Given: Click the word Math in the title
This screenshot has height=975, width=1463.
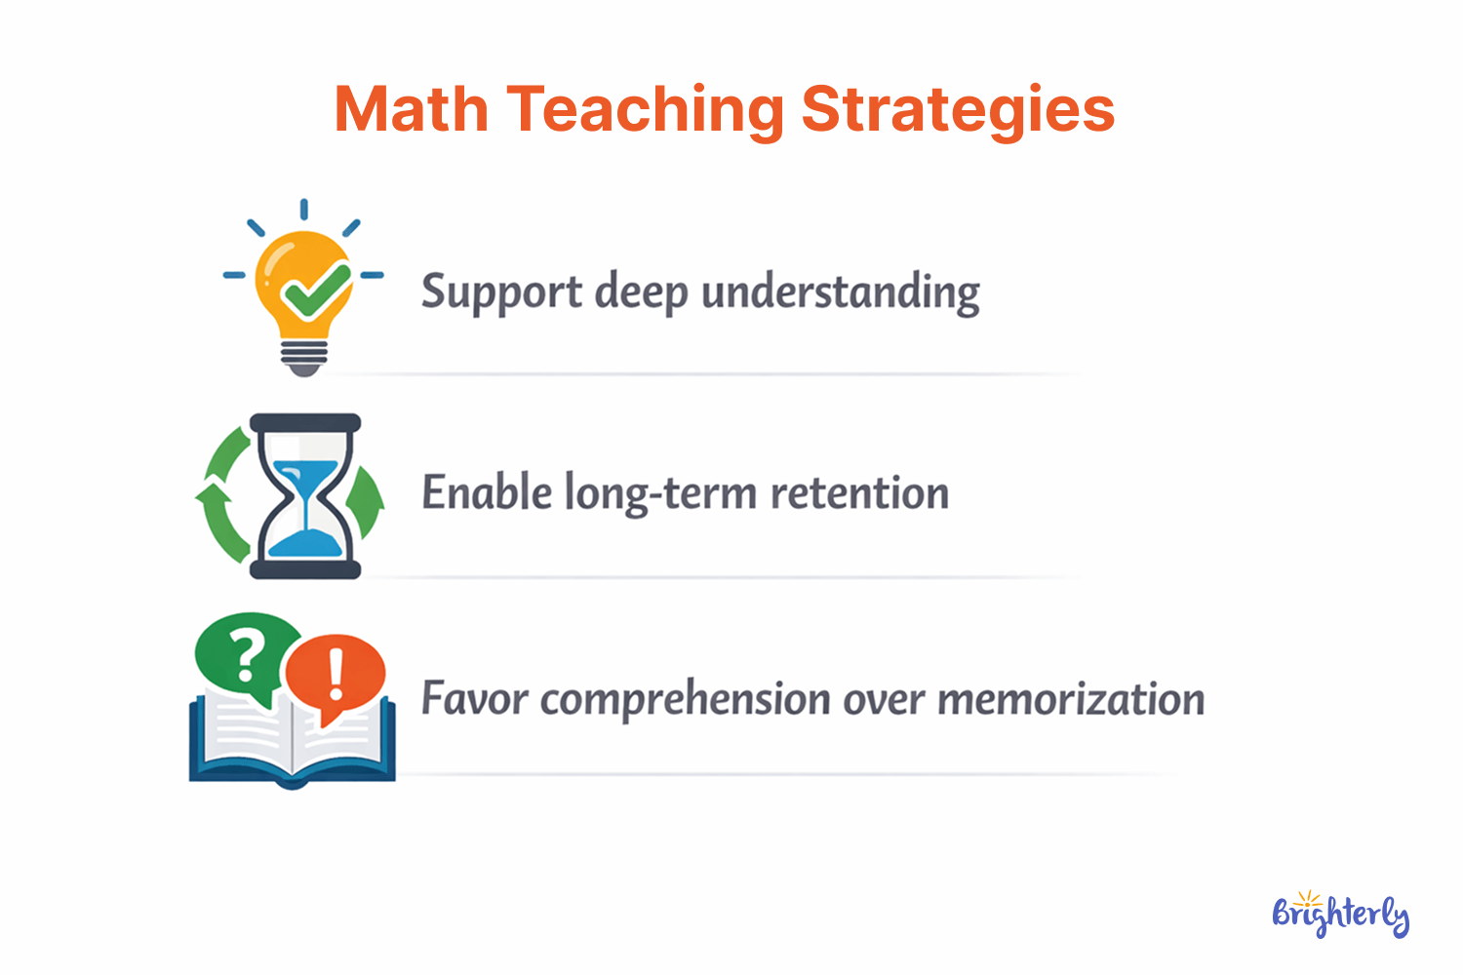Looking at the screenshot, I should click(411, 109).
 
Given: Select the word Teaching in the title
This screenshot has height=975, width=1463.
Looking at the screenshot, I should click(645, 109).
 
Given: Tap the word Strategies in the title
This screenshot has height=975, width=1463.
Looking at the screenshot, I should click(958, 109).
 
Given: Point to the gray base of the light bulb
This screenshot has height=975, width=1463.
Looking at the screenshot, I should click(304, 357).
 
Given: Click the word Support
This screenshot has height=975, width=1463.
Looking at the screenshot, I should click(501, 292).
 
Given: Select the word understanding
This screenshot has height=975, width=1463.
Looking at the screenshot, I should click(841, 292).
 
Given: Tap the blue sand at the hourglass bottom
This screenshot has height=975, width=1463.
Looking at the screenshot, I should click(305, 542).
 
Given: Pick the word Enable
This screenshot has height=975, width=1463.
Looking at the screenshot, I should click(486, 493).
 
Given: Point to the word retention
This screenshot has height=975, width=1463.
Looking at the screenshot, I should click(859, 493).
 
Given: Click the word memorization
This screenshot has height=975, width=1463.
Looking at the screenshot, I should click(1071, 699).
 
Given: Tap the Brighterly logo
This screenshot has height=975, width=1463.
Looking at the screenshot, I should click(1341, 915).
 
